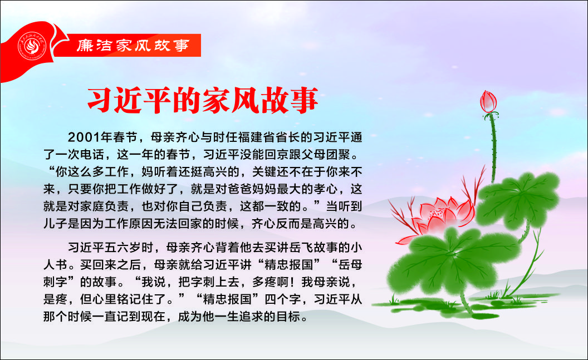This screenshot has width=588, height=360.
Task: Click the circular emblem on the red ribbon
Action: point(32,46)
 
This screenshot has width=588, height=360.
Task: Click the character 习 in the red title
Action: point(100,100)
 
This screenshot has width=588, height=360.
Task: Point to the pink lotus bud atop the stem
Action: point(488,101)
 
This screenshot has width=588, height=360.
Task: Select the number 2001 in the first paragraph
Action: point(84,137)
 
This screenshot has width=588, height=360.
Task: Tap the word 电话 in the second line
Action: point(92,154)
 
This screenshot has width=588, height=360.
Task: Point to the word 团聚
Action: point(340,154)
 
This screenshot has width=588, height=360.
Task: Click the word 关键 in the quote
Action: point(264,171)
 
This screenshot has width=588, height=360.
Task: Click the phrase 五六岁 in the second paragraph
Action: point(123,247)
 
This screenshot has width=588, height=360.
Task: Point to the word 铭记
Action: point(129,299)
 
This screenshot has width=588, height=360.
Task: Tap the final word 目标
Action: point(289,316)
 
